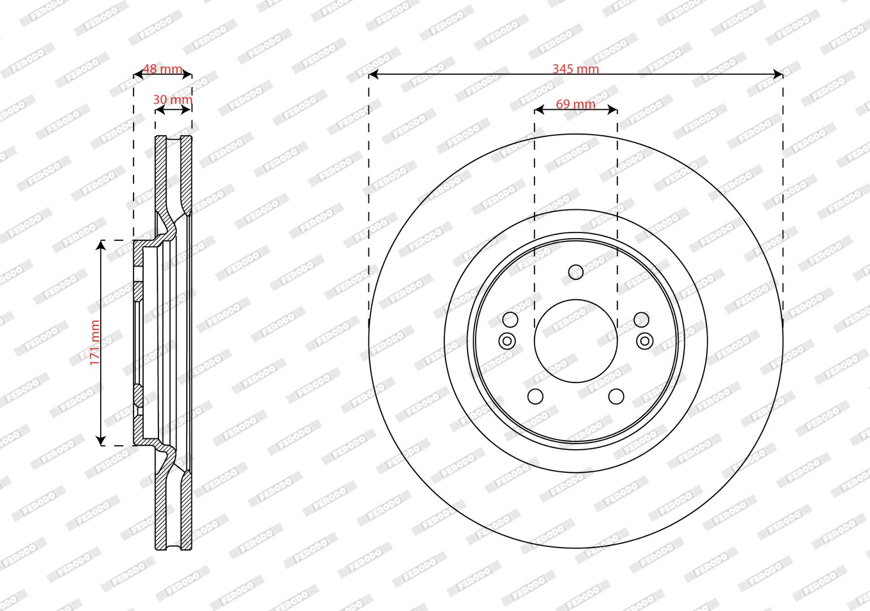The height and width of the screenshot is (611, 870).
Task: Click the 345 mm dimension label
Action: tap(576, 68)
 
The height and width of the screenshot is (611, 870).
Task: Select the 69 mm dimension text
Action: tap(576, 104)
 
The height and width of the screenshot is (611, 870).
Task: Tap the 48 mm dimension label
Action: tap(163, 68)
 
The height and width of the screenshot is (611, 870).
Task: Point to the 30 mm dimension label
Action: tap(173, 100)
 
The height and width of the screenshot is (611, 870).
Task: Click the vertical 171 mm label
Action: tap(95, 343)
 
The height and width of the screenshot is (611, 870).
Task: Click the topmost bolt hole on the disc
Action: tap(576, 272)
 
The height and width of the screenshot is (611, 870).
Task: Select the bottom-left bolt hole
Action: tap(535, 397)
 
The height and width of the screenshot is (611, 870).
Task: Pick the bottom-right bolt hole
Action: tap(616, 397)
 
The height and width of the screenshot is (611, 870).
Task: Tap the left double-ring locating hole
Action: tap(507, 341)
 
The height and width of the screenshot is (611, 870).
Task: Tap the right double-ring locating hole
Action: tap(644, 341)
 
